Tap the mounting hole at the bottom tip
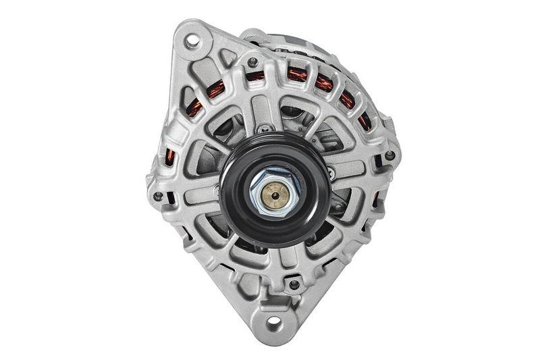274,324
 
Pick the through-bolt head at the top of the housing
254,63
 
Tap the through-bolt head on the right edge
389,155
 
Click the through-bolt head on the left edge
159,197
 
